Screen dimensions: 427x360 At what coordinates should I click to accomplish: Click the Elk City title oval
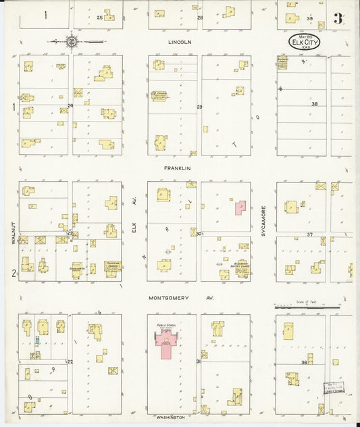click(305, 43)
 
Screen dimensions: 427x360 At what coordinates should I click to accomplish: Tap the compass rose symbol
click(71, 42)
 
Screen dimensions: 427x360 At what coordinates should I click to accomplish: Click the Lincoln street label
click(180, 42)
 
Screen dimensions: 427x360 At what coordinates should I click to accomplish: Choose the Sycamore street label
click(264, 221)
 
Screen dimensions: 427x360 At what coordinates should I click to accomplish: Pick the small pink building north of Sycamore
click(240, 207)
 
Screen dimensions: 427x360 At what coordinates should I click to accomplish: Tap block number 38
click(314, 104)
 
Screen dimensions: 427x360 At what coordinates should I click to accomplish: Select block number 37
click(310, 234)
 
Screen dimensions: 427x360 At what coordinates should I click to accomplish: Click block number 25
click(100, 17)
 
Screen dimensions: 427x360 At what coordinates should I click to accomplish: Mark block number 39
click(310, 18)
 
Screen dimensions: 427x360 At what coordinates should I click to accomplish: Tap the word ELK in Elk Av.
click(134, 230)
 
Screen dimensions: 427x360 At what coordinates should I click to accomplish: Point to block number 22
click(69, 362)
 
